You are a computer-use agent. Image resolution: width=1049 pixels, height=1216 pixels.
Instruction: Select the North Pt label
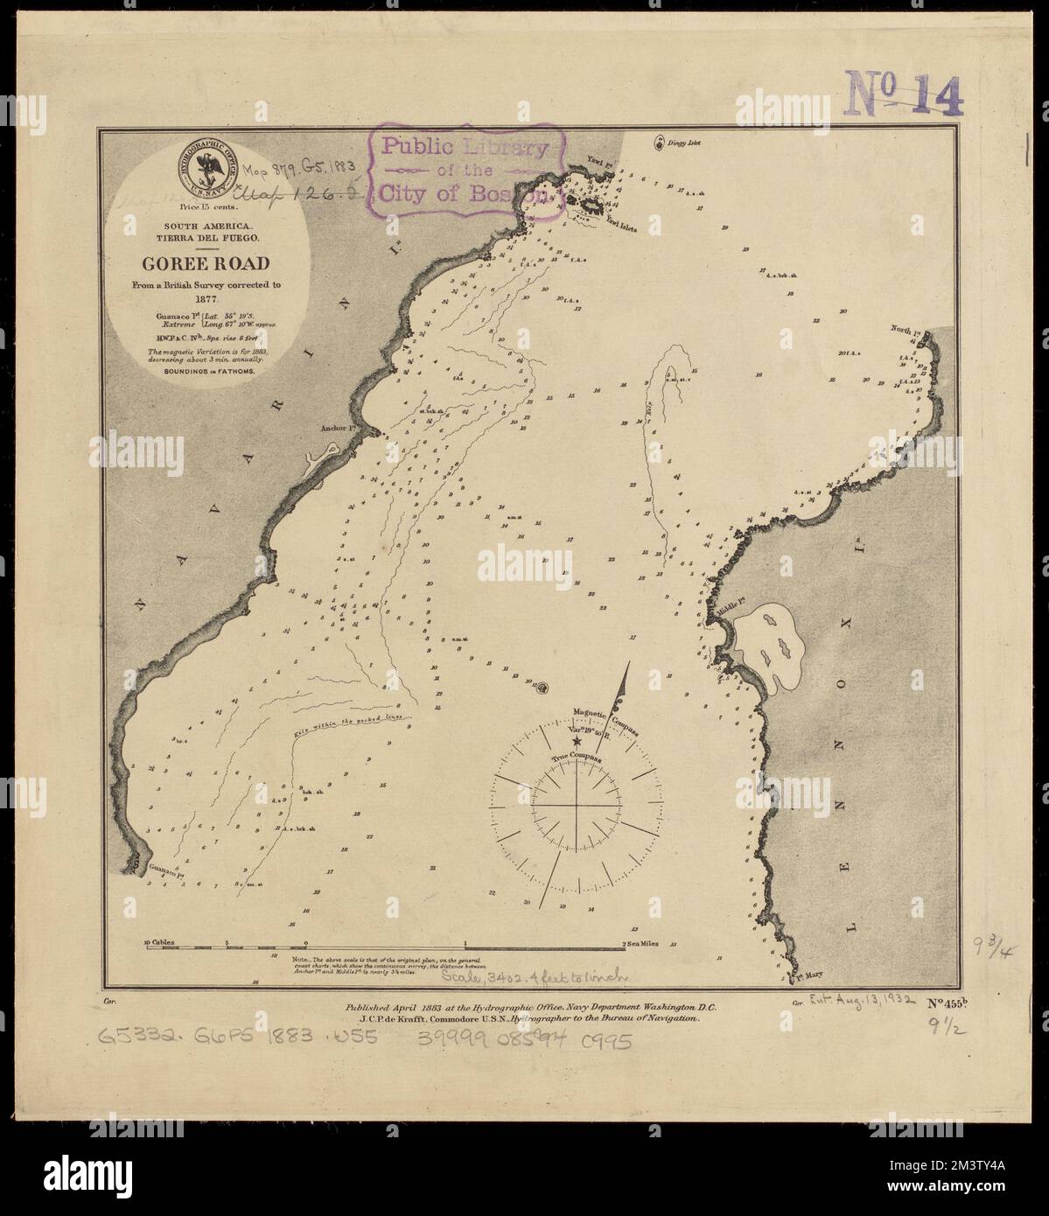coord(905,330)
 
